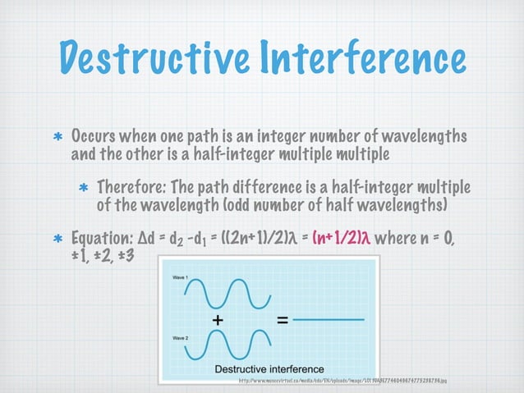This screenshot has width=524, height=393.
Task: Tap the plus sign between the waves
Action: [x=219, y=322]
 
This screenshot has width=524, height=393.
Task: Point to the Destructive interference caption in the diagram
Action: [x=269, y=368]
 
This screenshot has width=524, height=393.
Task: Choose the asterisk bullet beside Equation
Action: [x=58, y=239]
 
